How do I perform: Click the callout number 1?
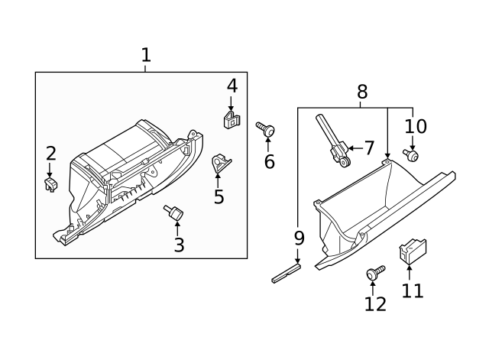pos(146,55)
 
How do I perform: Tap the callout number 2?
pos(50,152)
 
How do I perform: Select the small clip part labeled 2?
pos(51,183)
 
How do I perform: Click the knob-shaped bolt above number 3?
pos(173,213)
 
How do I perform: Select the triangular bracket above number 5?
pos(220,163)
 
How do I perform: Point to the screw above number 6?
pos(267,131)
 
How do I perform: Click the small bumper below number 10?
pos(412,155)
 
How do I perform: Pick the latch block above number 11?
pos(413,251)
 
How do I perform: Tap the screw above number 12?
pos(375,273)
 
